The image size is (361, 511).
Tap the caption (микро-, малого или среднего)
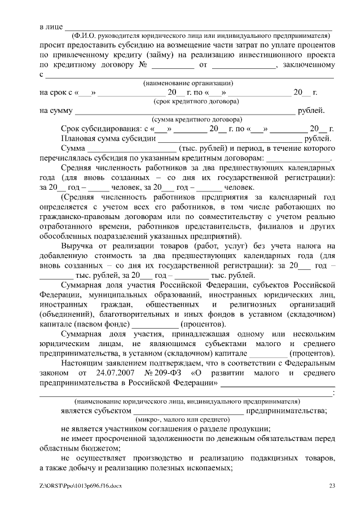[x=182, y=420]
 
